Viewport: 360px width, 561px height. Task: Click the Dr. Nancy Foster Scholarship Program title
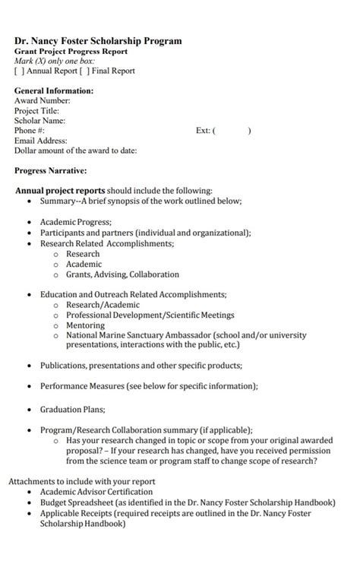tap(98, 41)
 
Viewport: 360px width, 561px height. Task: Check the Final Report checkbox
tap(88, 71)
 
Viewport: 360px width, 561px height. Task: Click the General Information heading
tap(54, 90)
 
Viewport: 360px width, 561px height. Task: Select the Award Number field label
tap(42, 100)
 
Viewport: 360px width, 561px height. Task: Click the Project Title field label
tap(36, 110)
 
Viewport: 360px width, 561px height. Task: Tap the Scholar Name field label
tap(39, 120)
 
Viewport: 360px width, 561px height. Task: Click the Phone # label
tap(30, 130)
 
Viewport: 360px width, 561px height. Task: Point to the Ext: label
tap(202, 130)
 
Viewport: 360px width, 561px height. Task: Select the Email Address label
tap(41, 140)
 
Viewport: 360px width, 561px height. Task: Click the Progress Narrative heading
tap(51, 170)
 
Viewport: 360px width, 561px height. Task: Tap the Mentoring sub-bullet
tap(85, 325)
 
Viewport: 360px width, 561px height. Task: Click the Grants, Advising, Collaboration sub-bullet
tap(122, 274)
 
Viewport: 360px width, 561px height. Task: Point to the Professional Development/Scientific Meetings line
tap(150, 315)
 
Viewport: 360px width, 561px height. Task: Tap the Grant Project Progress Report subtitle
tap(71, 51)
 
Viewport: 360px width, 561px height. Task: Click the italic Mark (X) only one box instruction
tap(55, 61)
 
